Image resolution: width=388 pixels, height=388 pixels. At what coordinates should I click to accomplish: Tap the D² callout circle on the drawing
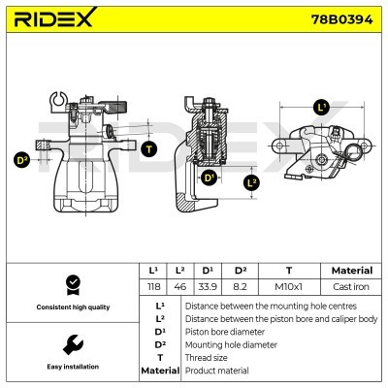tap(21, 160)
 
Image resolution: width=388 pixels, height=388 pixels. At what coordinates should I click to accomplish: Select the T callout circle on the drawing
tap(147, 148)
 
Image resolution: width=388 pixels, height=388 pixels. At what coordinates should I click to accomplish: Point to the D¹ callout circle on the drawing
tap(210, 178)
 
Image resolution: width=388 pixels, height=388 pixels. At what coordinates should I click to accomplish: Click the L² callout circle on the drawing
tap(251, 181)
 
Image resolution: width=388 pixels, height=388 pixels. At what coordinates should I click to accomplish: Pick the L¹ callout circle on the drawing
tap(321, 108)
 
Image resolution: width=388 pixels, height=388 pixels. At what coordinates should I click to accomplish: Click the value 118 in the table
tap(151, 287)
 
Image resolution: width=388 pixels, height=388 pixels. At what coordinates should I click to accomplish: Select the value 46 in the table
tap(179, 287)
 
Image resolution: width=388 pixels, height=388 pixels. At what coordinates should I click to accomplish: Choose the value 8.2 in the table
tap(239, 287)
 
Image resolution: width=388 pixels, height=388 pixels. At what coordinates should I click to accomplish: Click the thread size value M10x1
tap(288, 287)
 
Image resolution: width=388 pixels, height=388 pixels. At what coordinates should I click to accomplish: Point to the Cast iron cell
tap(351, 287)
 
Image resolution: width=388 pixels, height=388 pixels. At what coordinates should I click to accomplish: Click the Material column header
tap(351, 271)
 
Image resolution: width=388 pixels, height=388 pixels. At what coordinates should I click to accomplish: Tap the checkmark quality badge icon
tap(71, 283)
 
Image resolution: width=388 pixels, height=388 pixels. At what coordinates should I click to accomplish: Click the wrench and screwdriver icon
tap(71, 343)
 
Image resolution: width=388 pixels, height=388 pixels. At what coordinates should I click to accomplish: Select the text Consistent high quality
tap(72, 307)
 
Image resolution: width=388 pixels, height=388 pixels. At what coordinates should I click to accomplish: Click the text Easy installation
tap(72, 368)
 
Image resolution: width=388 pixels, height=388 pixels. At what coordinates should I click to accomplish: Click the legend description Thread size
tap(210, 357)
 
